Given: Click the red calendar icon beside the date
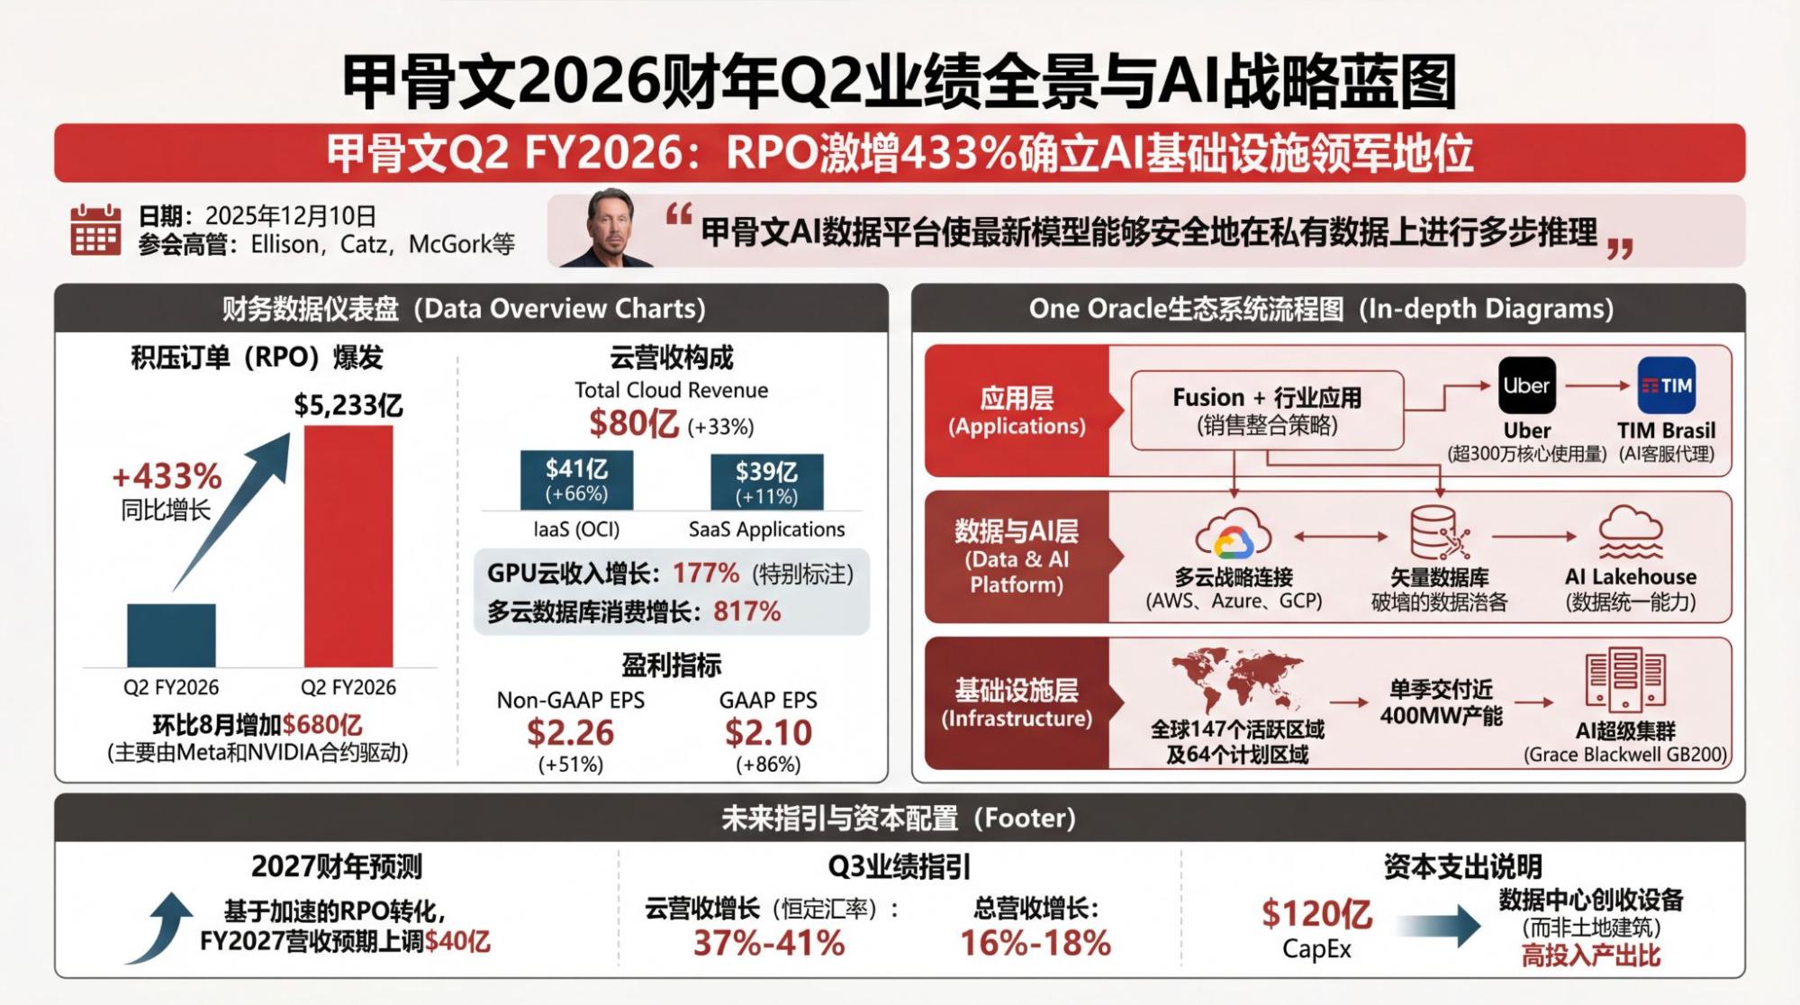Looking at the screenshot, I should [95, 230].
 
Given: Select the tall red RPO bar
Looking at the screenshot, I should [348, 546].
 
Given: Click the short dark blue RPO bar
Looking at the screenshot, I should [171, 635].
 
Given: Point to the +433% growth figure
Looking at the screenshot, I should [167, 476].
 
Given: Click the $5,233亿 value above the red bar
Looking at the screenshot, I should [348, 405].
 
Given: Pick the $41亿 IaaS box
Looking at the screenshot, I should [576, 480].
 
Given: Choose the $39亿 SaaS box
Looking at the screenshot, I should [766, 482].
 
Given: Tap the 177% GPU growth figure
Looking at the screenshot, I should [706, 573].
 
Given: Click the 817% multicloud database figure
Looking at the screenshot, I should [746, 611].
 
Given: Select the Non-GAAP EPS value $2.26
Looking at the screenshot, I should [570, 733].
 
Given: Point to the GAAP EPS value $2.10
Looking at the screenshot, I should [768, 733].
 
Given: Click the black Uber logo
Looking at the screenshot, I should [1526, 385].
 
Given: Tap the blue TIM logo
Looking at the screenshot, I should [1666, 385].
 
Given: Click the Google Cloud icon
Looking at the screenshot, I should [1233, 535].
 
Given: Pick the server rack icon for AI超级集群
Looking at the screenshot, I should [1625, 680].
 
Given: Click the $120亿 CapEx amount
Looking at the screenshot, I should [1316, 914].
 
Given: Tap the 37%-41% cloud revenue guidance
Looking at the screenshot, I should [769, 943].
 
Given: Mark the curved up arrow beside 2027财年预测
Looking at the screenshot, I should [161, 928].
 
